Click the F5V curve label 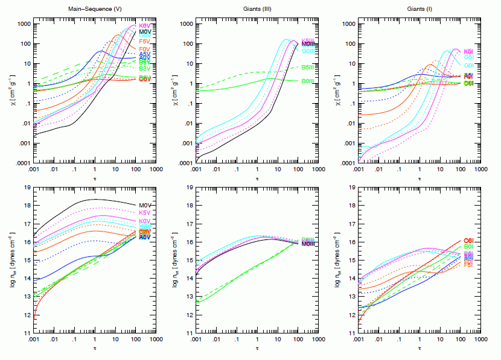click(145, 41)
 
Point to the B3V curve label click(145, 69)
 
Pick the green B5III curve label click(310, 67)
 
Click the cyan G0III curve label click(310, 51)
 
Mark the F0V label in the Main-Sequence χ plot click(145, 48)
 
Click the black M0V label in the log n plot click(145, 206)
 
